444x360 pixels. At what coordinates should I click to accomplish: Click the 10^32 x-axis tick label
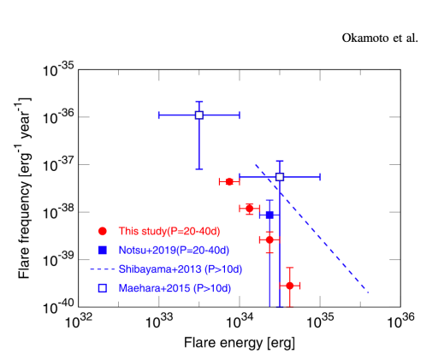80,322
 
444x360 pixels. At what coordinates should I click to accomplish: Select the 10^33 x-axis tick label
160,322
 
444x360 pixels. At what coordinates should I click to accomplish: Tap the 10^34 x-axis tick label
240,322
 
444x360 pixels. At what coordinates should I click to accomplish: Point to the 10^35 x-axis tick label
321,322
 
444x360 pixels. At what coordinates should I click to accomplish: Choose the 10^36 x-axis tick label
400,322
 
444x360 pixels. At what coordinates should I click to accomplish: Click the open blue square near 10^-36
199,115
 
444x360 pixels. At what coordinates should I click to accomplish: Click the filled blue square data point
269,215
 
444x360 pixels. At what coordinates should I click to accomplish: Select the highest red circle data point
229,181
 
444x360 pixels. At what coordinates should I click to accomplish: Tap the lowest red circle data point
290,285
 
